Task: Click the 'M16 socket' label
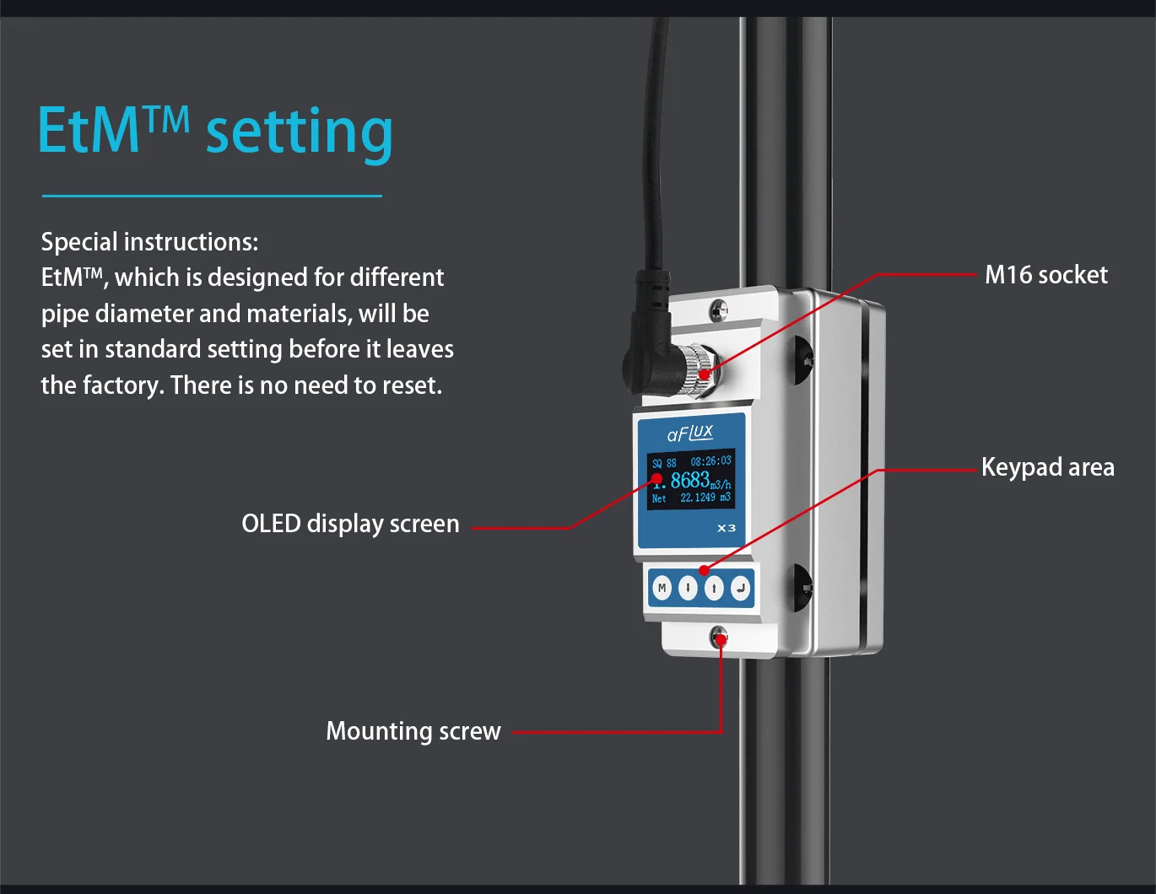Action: (x=1045, y=275)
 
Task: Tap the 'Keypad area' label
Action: (x=1047, y=467)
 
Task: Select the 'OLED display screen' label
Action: (x=350, y=524)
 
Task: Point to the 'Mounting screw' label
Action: (x=413, y=730)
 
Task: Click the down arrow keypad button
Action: (x=688, y=588)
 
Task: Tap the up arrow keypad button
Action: (x=714, y=588)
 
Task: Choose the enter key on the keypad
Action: (x=740, y=588)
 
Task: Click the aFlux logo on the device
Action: (x=689, y=434)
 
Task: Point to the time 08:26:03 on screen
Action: (x=710, y=461)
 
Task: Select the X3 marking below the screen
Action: (x=726, y=528)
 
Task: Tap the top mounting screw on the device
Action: (x=718, y=310)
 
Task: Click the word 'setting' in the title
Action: (x=300, y=132)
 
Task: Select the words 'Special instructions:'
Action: (x=149, y=242)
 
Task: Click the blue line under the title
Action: (x=212, y=196)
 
